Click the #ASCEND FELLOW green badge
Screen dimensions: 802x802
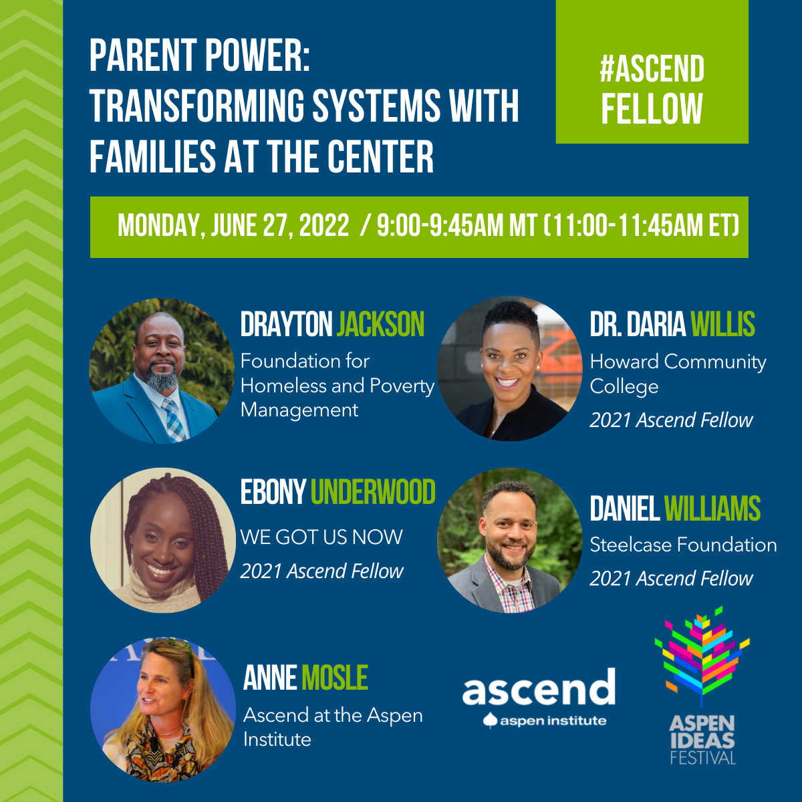click(x=652, y=72)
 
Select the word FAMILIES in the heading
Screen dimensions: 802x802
click(x=153, y=156)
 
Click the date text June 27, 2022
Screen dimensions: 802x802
click(x=280, y=226)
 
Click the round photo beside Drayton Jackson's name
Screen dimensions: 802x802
click(x=162, y=370)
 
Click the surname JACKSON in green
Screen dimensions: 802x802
click(x=380, y=324)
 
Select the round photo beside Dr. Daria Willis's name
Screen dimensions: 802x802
click(x=509, y=369)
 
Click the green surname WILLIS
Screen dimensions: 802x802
click(x=723, y=324)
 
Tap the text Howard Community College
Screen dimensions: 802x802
click(x=678, y=374)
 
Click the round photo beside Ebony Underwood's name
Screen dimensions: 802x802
click(x=162, y=540)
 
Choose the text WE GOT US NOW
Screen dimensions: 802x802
click(x=321, y=537)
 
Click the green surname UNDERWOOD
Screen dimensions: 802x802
click(x=373, y=492)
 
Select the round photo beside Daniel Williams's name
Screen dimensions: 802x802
click(x=509, y=540)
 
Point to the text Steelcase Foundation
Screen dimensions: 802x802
click(x=684, y=545)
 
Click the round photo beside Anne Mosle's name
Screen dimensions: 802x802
click(x=162, y=710)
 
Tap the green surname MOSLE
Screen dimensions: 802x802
click(x=335, y=678)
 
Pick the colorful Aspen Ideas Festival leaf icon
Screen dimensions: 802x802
click(x=702, y=656)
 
